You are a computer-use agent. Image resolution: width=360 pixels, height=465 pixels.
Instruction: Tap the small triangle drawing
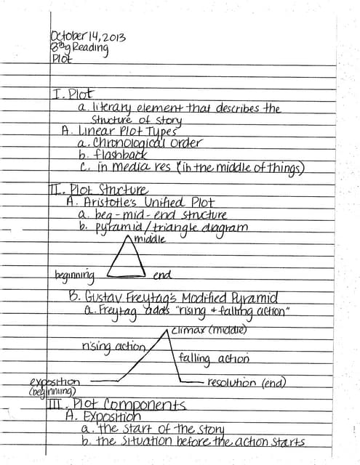click(x=128, y=259)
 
